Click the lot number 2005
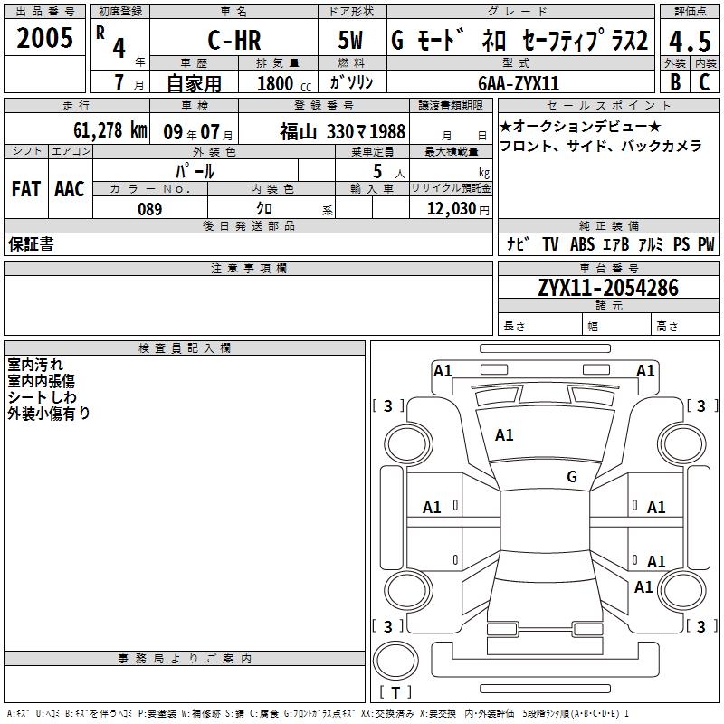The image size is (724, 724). (x=44, y=38)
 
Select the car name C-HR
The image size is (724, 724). (x=234, y=40)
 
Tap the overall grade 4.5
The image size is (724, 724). (x=690, y=41)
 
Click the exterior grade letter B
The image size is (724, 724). (x=675, y=81)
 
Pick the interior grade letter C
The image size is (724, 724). (x=704, y=81)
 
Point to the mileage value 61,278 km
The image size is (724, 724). (x=110, y=130)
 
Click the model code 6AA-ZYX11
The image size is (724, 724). (x=519, y=83)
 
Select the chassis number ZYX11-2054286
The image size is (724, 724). (x=608, y=288)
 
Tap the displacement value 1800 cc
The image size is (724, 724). (x=284, y=83)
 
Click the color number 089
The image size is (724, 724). (x=150, y=209)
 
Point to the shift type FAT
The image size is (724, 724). (x=26, y=189)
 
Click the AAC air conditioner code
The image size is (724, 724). (x=70, y=189)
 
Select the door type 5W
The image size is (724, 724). (x=350, y=40)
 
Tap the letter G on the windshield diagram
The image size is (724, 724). (x=572, y=476)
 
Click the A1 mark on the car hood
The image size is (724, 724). (x=504, y=435)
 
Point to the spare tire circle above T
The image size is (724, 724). (x=395, y=661)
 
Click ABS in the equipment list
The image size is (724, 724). (x=582, y=244)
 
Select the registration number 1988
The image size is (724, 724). (x=387, y=131)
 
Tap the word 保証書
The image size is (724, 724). (x=31, y=243)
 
